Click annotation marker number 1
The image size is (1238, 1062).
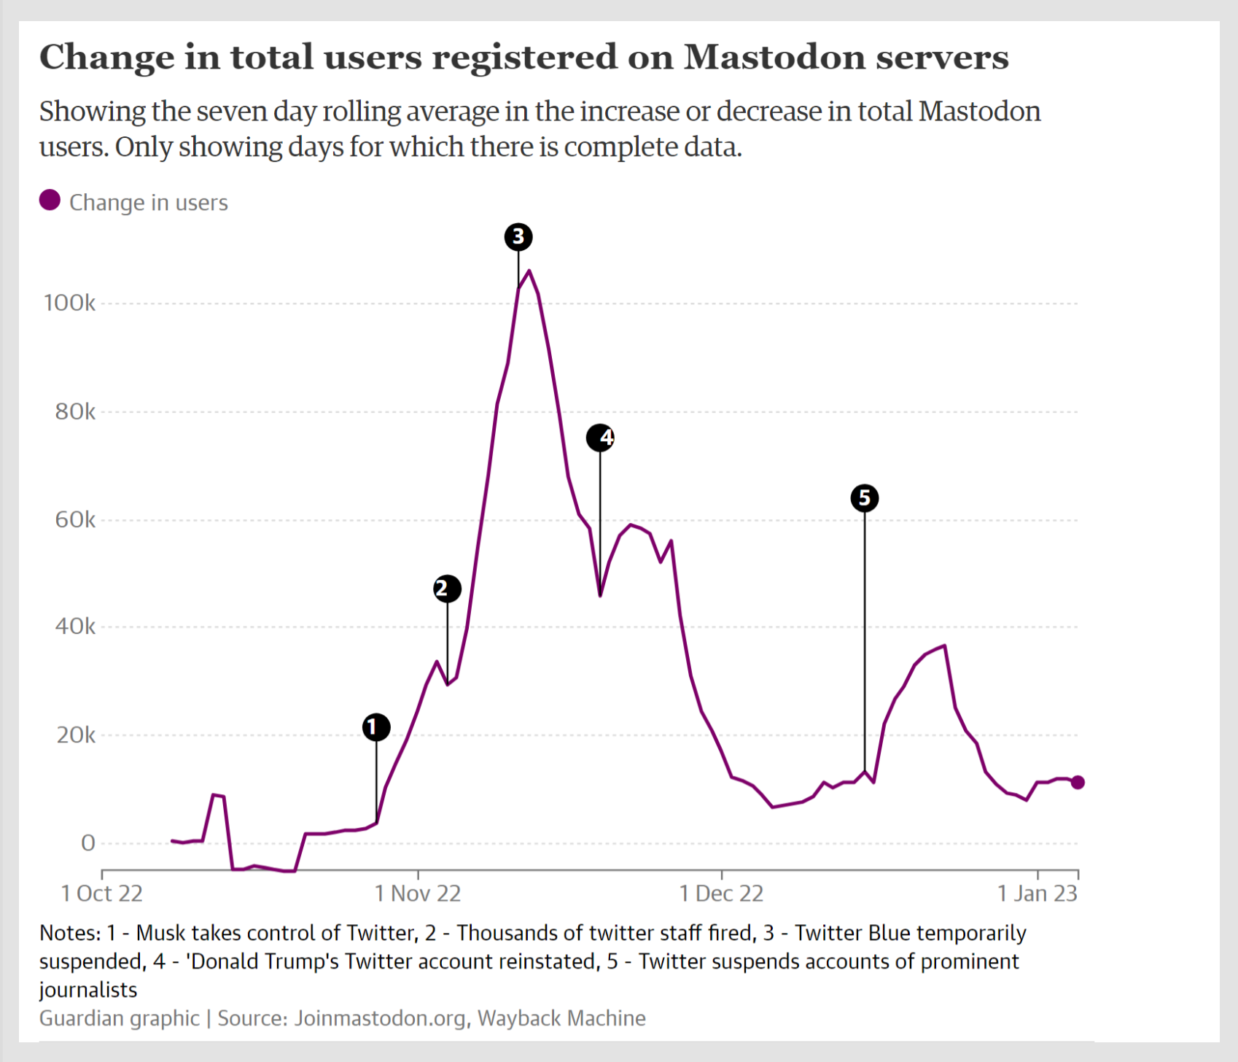coord(376,727)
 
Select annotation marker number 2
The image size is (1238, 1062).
coord(447,589)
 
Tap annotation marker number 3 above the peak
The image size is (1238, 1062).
coord(518,237)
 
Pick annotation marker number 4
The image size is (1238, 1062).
coord(600,438)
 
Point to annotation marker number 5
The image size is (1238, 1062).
coord(865,498)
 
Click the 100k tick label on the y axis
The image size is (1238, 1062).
coord(69,303)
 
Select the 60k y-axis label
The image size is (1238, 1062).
coord(75,520)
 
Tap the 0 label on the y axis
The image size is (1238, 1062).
coord(88,843)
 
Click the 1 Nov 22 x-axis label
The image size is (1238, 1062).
coord(418,894)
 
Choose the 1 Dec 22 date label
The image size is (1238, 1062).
coord(721,894)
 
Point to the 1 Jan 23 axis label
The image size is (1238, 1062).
coord(1037,894)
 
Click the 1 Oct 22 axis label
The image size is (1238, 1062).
coord(102,894)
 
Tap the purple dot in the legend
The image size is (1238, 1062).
coord(50,201)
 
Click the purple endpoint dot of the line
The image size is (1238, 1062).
coord(1078,782)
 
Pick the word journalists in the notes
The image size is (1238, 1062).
coord(88,990)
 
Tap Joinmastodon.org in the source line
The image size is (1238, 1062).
coord(380,1018)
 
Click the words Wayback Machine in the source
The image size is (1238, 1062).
coord(561,1018)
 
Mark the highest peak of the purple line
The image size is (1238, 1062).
coord(529,271)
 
